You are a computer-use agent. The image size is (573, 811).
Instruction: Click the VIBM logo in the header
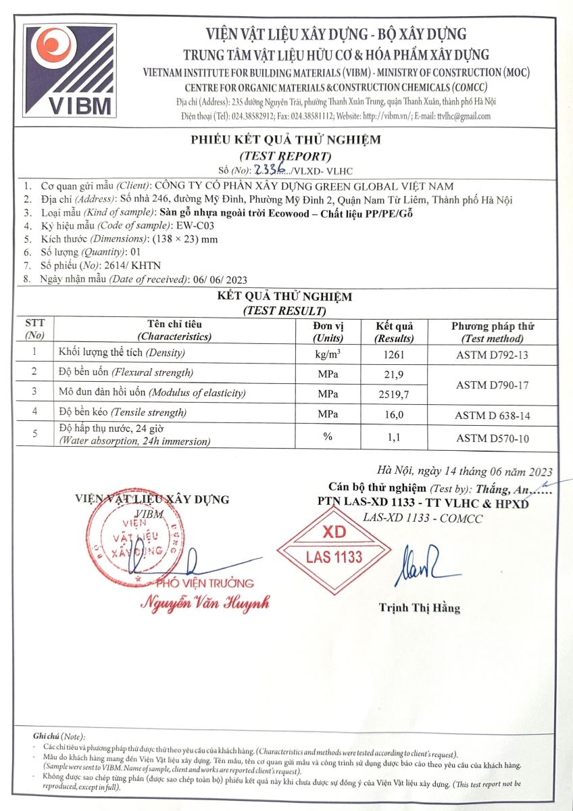(69, 71)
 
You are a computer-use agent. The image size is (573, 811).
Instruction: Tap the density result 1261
(393, 354)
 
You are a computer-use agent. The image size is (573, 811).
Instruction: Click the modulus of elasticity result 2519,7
(393, 393)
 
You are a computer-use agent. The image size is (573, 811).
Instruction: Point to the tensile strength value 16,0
(393, 413)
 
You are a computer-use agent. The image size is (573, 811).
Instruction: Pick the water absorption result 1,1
(393, 437)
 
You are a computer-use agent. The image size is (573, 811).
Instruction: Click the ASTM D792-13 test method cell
(491, 354)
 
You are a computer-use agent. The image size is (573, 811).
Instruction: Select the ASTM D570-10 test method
(491, 439)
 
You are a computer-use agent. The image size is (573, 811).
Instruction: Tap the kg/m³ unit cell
(328, 354)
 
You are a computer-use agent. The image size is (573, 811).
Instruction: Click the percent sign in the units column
(328, 437)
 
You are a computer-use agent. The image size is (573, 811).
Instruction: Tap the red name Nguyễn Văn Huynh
(205, 601)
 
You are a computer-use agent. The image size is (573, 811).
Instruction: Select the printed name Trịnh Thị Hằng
(419, 608)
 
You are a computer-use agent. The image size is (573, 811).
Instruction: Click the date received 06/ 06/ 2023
(228, 279)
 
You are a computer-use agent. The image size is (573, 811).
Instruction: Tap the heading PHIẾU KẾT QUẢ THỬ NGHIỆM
(285, 140)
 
